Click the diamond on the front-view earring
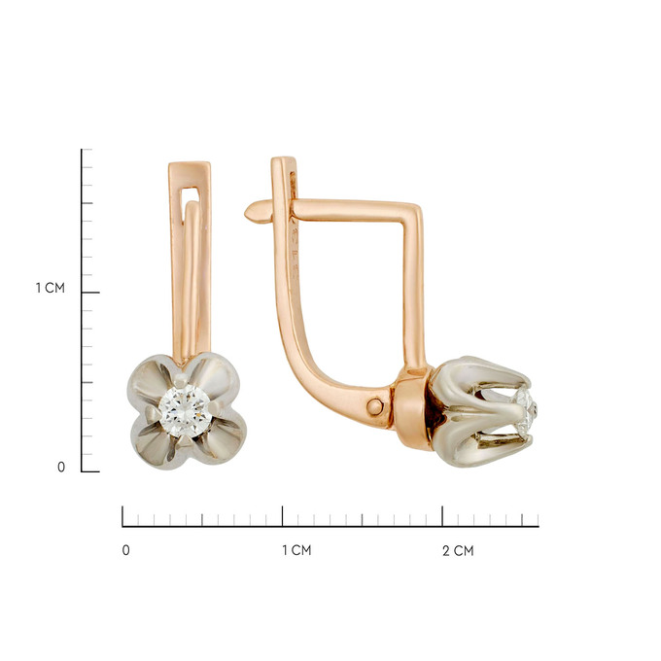click(185, 410)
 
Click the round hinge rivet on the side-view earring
click(374, 406)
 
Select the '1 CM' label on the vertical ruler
click(51, 288)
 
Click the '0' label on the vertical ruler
click(61, 468)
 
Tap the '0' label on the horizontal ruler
click(125, 550)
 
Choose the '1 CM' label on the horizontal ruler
click(296, 550)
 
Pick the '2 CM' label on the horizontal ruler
click(458, 550)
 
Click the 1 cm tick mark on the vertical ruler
click(90, 293)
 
